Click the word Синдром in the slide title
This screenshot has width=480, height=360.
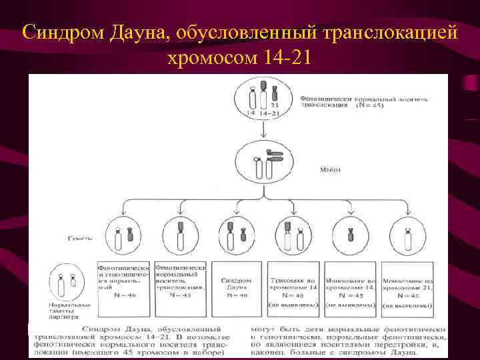57,31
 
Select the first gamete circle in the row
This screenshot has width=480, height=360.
125,237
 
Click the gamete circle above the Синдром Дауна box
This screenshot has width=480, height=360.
235,237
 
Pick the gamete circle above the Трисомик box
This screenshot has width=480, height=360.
292,237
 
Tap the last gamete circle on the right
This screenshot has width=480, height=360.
407,237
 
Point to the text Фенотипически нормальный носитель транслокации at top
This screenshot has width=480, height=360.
343,100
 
